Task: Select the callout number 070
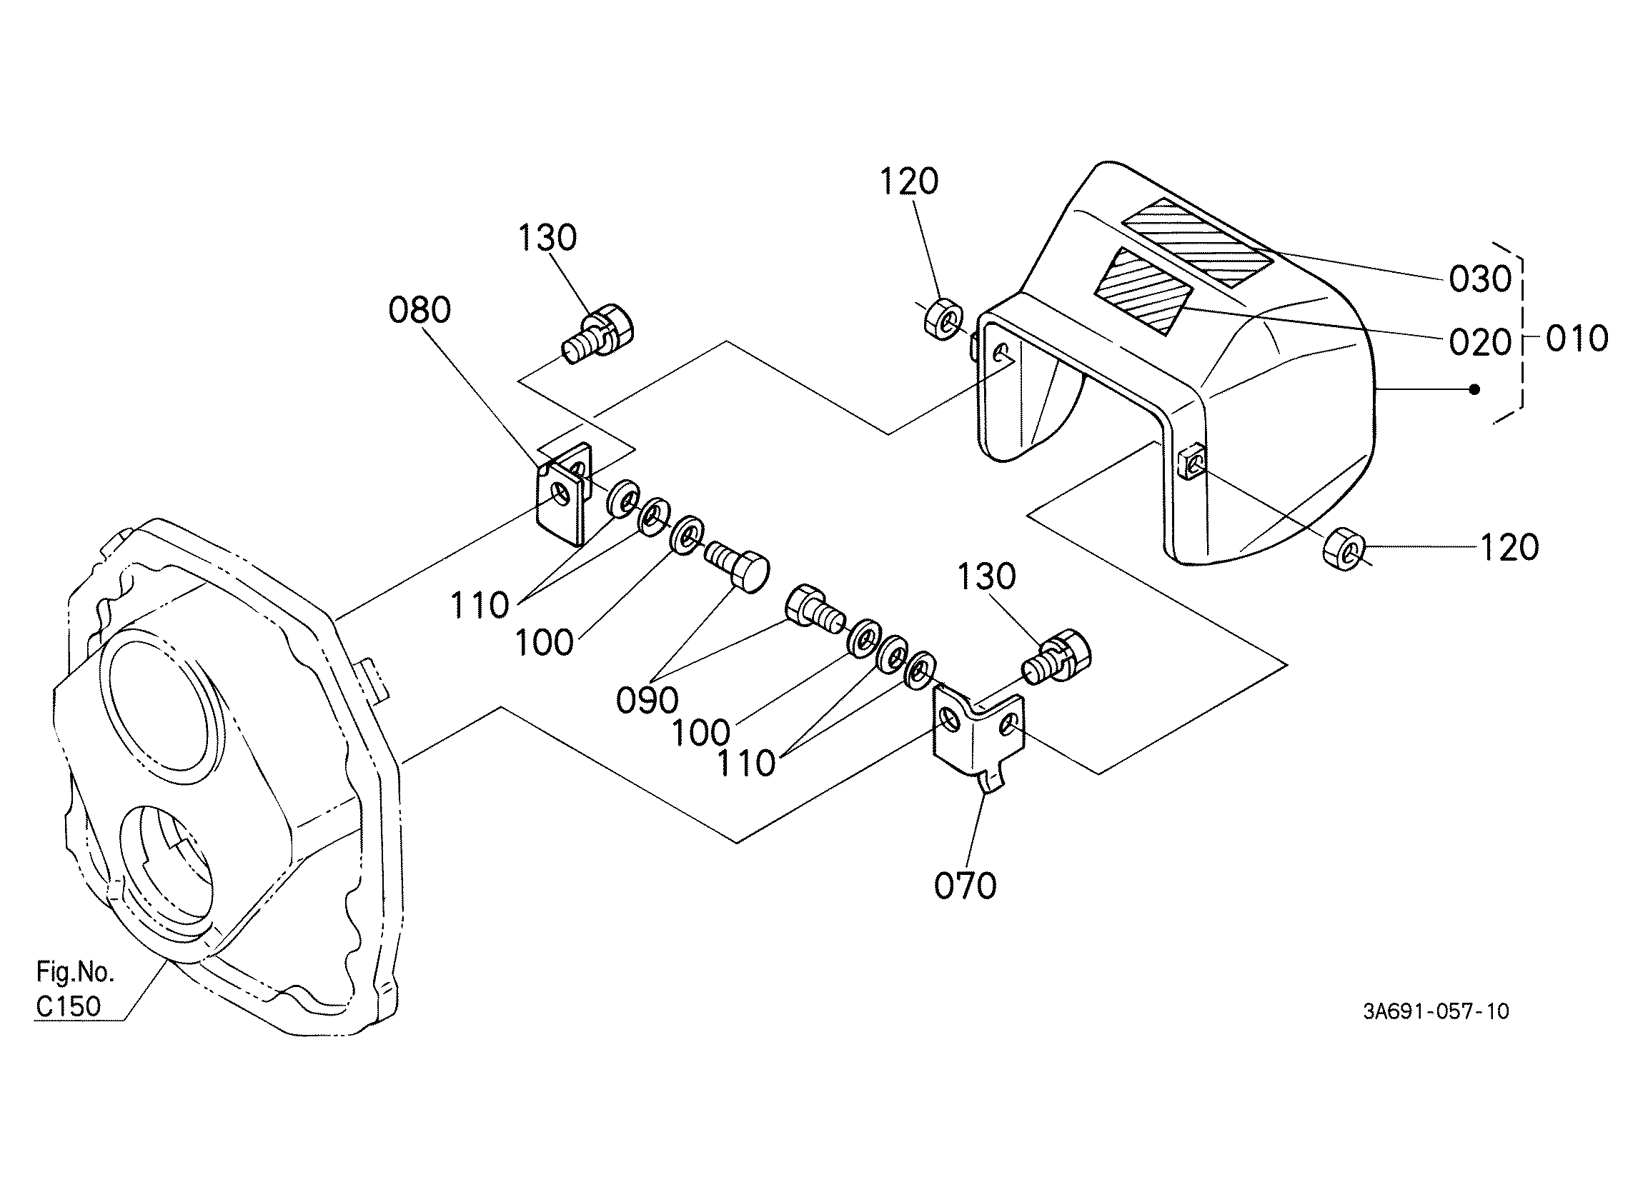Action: click(965, 886)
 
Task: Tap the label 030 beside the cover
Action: click(1480, 279)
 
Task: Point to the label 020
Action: click(1480, 343)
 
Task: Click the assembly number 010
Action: click(1577, 339)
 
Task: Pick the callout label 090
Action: click(647, 701)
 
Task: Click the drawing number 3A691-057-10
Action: click(1436, 1011)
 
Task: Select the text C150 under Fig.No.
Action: click(69, 1006)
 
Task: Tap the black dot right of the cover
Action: click(1474, 390)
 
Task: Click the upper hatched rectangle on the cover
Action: click(1197, 241)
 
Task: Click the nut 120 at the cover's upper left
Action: click(943, 316)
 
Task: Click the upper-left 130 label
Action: click(547, 238)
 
